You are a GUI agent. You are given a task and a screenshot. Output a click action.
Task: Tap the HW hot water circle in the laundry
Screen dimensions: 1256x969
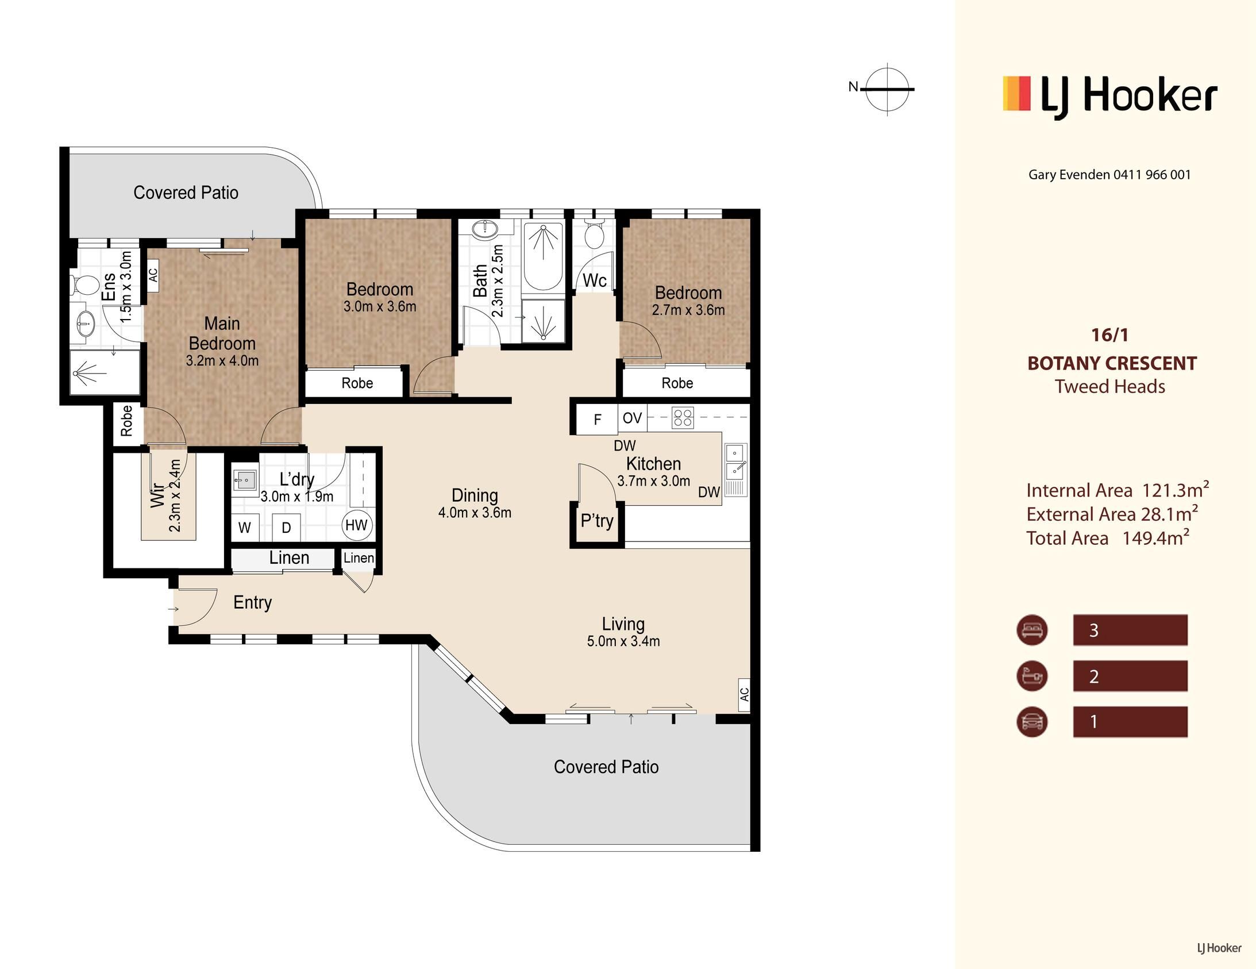coord(357,525)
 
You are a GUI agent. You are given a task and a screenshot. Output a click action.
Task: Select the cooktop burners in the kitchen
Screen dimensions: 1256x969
coord(683,418)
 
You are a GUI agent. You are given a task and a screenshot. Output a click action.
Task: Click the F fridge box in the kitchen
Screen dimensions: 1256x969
coord(597,419)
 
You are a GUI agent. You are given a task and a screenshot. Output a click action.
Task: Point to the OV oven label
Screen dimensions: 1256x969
coord(632,418)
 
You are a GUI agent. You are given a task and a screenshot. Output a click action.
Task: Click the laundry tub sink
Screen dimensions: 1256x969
coord(245,479)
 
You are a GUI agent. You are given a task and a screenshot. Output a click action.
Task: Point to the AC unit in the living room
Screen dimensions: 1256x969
coord(744,694)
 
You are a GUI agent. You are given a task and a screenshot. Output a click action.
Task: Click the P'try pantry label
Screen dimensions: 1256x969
coord(597,521)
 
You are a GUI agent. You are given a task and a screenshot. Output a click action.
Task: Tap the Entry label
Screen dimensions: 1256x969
coord(252,602)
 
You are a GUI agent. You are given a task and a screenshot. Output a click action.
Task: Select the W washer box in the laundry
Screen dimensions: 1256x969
coord(244,527)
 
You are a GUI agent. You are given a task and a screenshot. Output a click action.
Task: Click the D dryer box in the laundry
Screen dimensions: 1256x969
coord(286,527)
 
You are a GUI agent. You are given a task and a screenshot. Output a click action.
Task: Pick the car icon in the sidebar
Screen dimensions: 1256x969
coord(1032,721)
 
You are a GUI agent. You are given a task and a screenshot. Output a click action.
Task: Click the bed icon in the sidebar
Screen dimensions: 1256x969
coord(1032,629)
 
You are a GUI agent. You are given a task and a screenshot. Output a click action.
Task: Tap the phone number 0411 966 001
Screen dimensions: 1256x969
coord(1152,174)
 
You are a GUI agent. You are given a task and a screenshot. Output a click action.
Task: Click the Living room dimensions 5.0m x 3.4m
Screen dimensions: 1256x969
coord(623,641)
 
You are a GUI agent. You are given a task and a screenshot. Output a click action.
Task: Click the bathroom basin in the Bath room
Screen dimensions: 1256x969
coord(484,229)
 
